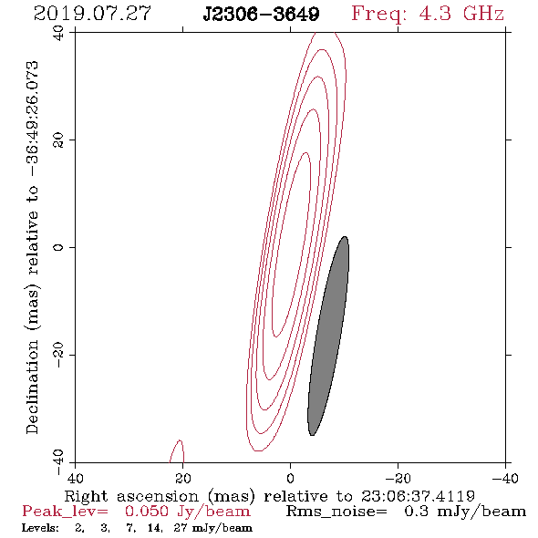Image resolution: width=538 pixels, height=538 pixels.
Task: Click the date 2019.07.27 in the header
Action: (x=92, y=14)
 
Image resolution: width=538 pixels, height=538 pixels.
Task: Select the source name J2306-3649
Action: (x=261, y=14)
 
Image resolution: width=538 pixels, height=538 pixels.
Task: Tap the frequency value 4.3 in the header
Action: (x=435, y=14)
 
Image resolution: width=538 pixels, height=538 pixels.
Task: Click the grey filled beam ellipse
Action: (x=328, y=336)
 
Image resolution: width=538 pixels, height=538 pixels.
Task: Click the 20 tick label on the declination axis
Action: (x=58, y=140)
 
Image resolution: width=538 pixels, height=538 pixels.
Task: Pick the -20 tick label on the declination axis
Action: (x=58, y=355)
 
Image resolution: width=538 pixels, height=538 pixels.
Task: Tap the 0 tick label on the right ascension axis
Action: (x=290, y=479)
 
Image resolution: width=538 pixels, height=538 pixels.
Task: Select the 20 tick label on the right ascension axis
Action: (x=183, y=479)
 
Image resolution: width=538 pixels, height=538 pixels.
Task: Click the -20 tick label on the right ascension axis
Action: (x=398, y=479)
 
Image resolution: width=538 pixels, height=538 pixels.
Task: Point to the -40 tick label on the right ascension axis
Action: (x=505, y=479)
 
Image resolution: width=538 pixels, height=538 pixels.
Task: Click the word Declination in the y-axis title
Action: (x=32, y=387)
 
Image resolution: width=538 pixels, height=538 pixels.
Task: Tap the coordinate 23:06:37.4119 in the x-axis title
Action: (x=418, y=496)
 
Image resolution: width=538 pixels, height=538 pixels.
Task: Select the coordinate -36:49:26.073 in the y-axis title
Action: (x=32, y=119)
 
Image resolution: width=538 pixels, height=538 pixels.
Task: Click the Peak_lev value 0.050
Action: (x=147, y=512)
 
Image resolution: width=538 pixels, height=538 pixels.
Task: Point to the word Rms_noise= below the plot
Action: (x=336, y=512)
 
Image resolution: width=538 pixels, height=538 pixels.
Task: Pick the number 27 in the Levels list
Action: (x=181, y=527)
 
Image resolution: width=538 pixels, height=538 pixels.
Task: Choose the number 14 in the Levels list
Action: (x=154, y=528)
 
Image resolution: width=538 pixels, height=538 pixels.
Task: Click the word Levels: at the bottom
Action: (x=40, y=527)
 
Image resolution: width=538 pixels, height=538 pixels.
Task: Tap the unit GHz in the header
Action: (x=483, y=14)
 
